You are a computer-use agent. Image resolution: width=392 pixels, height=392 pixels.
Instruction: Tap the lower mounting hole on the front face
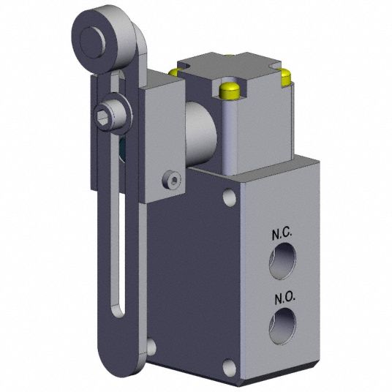pos(231,366)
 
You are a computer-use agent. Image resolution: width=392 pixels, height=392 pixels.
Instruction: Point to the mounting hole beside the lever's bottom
pos(151,346)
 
